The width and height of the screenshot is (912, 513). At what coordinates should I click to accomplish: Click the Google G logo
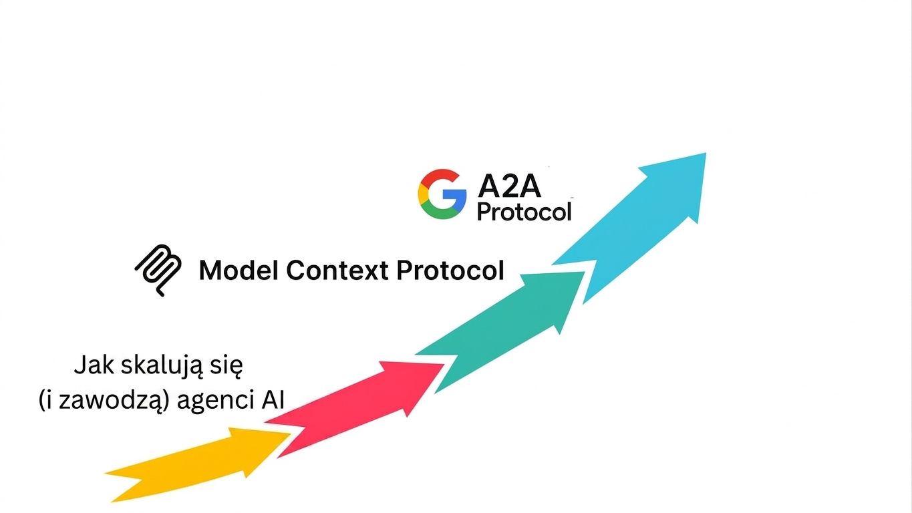[442, 194]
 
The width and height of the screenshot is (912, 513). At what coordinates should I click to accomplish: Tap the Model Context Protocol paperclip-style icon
[158, 270]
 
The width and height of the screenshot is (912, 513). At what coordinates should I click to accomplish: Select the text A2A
[509, 187]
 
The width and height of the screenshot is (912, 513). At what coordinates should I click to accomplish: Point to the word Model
[239, 271]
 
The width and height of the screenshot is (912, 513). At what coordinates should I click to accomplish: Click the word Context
[337, 271]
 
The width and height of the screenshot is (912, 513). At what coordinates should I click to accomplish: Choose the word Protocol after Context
[450, 271]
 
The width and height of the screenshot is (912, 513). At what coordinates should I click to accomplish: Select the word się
[226, 366]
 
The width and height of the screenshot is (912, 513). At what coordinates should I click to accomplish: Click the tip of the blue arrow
[706, 153]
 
